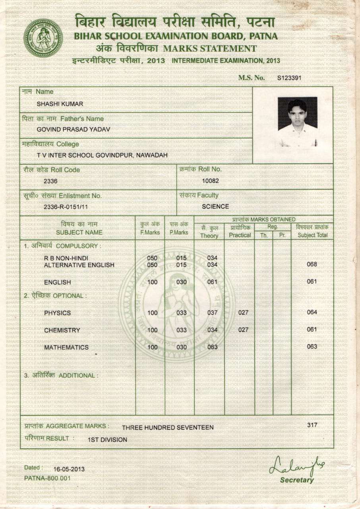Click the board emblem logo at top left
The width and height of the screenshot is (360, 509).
pos(43,38)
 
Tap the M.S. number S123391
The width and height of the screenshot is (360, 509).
pos(289,78)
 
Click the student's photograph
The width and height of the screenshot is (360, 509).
pos(297,122)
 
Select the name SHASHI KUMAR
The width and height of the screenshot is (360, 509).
pos(60,104)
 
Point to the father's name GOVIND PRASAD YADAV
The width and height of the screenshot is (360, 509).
pos(73,129)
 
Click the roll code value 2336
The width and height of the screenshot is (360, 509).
pos(50,181)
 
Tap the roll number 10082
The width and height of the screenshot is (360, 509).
pos(211,181)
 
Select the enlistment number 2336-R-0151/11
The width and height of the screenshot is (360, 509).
pos(66,207)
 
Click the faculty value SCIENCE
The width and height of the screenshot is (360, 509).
pos(215,206)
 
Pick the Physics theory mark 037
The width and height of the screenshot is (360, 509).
pos(213,313)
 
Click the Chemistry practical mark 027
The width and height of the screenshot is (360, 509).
pos(243,330)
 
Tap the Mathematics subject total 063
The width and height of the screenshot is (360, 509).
pos(312,346)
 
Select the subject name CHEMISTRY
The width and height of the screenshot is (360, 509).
pos(62,330)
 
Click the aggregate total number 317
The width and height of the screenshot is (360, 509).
pos(312,425)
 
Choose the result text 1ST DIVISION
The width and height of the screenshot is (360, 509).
pos(107,440)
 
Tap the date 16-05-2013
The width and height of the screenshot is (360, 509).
pos(69,469)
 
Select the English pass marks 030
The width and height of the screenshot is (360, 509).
pos(182,282)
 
